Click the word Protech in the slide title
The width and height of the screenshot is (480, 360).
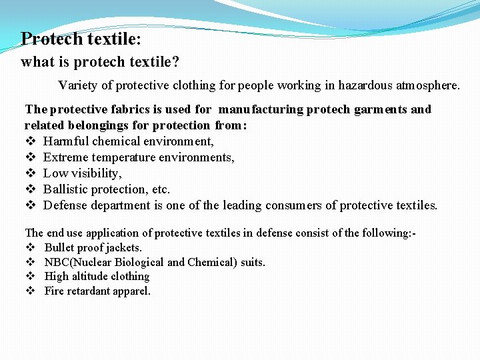pos(51,39)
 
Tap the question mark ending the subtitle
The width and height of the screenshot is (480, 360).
pos(176,62)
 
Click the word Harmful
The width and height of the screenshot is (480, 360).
pos(66,141)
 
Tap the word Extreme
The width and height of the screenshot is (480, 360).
pos(65,157)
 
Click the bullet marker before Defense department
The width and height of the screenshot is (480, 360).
pos(29,205)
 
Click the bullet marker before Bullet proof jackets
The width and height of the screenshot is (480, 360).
pos(29,247)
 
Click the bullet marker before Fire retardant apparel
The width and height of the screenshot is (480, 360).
pos(29,291)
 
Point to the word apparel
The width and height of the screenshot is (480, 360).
pos(131,291)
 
